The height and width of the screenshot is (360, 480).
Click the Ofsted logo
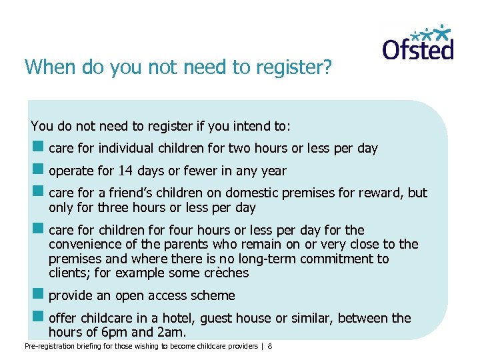[x=418, y=43]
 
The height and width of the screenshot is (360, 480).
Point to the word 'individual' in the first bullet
[x=125, y=148]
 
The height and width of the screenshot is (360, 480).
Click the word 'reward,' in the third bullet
[x=380, y=193]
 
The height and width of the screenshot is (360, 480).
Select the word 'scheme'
[x=213, y=295]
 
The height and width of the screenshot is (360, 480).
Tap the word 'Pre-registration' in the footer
[x=49, y=347]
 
